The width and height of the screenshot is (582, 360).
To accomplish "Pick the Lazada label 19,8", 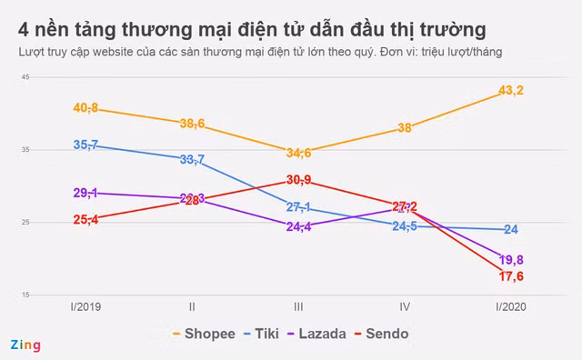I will [512, 260].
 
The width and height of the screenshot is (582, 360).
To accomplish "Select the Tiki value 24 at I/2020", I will [511, 229].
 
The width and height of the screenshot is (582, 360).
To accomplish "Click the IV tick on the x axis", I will [405, 307].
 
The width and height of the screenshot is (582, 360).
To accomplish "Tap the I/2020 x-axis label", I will [511, 307].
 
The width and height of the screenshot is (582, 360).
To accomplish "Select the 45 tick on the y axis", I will [25, 77].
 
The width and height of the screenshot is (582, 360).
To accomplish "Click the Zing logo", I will [25, 345].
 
